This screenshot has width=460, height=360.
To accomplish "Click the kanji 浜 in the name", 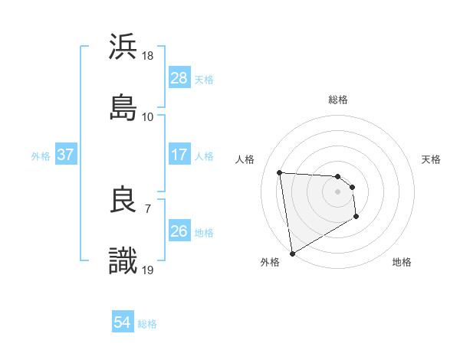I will tap(123, 47).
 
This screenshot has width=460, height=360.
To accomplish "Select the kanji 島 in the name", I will tap(123, 107).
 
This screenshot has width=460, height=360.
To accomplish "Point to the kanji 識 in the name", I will tap(123, 260).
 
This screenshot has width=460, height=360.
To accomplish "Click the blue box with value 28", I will tap(179, 78).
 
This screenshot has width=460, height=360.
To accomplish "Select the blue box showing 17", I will tap(179, 155).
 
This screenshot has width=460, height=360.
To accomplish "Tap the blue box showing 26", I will tap(179, 231).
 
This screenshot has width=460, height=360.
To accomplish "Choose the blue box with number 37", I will tap(66, 155).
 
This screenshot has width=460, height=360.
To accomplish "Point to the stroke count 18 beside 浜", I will tap(149, 56).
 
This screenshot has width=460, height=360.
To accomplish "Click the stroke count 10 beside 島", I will tap(149, 117).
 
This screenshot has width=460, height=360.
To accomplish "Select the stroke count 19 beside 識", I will tap(149, 270).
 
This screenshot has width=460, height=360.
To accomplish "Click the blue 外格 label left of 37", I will tap(41, 155).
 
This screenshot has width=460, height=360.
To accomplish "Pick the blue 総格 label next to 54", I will tap(147, 324).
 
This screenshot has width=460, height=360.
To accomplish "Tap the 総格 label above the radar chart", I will tap(338, 100).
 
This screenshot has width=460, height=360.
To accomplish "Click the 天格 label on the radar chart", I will tap(432, 159).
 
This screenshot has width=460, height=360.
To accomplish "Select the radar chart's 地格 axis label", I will tap(402, 263).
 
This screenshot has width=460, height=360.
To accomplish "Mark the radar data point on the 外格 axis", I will tap(292, 253).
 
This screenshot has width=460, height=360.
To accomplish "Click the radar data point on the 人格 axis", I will tap(280, 172).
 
